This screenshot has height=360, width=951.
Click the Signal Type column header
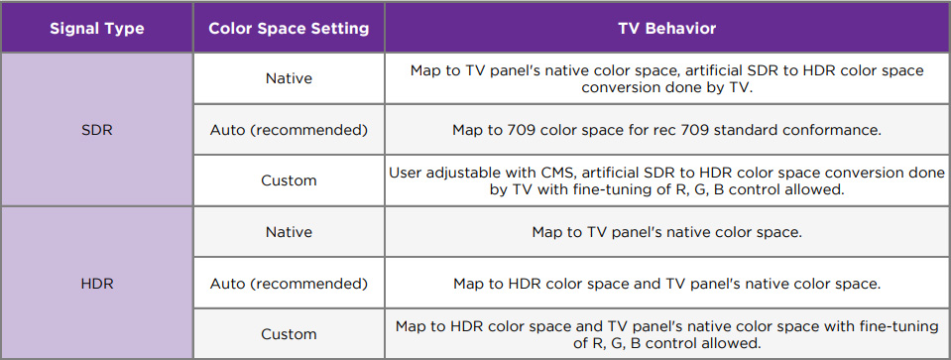tap(97, 29)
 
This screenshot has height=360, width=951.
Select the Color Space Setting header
tap(289, 29)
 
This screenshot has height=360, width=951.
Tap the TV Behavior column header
tap(667, 29)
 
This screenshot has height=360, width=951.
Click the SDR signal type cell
tap(97, 130)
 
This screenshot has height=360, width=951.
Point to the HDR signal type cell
tap(97, 284)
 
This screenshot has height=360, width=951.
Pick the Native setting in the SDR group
tap(289, 78)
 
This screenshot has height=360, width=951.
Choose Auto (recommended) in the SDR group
tap(289, 130)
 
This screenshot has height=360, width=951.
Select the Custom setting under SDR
tap(289, 180)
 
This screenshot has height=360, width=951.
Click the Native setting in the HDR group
tap(289, 232)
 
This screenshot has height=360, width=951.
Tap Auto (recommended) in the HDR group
tap(289, 284)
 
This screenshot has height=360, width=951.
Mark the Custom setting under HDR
tap(289, 334)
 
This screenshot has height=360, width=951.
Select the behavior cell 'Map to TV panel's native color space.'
tap(667, 232)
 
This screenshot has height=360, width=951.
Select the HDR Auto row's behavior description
tap(667, 284)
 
